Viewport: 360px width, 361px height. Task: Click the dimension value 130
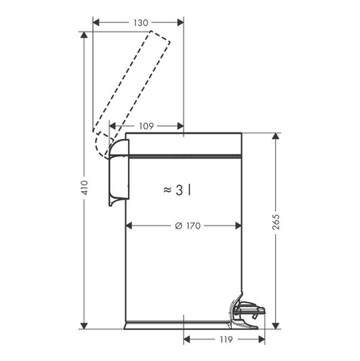(x=140, y=23)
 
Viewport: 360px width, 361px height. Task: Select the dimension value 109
(x=146, y=125)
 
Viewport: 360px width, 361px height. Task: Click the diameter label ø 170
(x=187, y=226)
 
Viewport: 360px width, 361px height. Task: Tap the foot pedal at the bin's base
(x=247, y=310)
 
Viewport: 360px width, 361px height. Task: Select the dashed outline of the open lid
(x=137, y=79)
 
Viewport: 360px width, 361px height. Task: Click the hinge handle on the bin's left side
(x=118, y=173)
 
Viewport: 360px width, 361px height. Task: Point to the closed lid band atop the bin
(x=184, y=146)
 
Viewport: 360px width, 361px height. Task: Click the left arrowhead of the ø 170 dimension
(x=129, y=226)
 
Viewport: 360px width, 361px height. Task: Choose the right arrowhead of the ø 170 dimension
(x=239, y=226)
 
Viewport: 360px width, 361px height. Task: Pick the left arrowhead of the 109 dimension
(x=112, y=125)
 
